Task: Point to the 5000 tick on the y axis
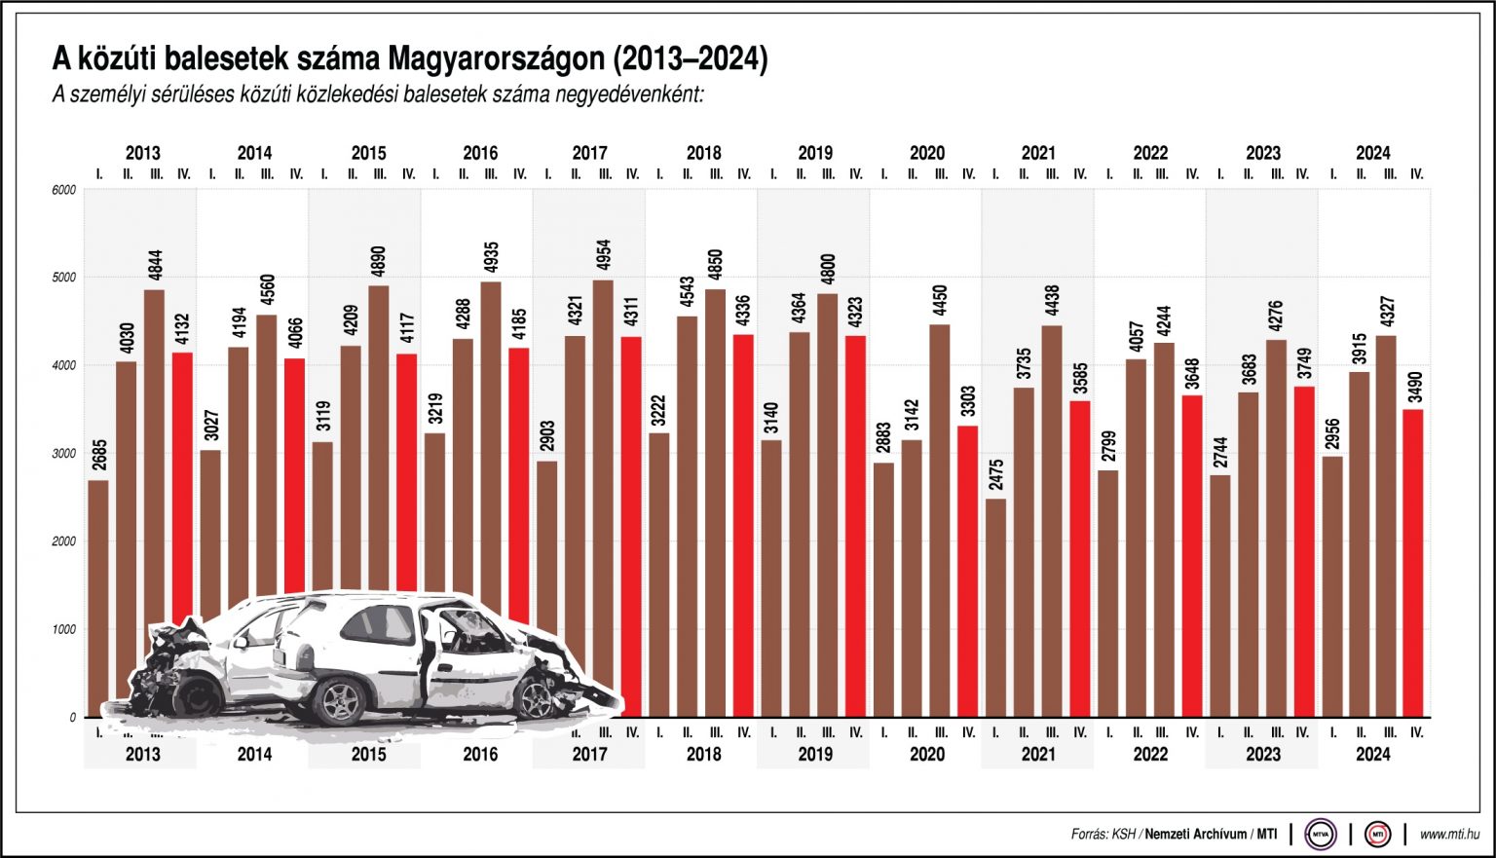point(64,278)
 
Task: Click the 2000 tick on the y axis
point(64,541)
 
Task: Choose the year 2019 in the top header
point(815,153)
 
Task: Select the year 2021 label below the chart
point(1038,754)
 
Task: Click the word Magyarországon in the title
point(496,59)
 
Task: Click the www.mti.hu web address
point(1449,835)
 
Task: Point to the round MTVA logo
point(1321,835)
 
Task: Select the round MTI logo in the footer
point(1377,835)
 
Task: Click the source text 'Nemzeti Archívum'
point(1195,835)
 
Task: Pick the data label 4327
point(1387,317)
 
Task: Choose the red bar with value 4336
point(744,526)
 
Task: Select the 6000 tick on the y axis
point(64,190)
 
